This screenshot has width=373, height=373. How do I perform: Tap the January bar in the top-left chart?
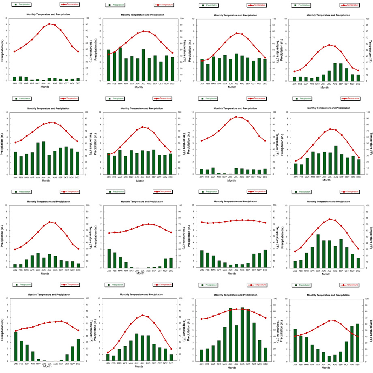coord(15,79)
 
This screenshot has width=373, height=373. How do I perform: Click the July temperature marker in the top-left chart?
coord(49,24)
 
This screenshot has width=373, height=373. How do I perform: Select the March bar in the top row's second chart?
coord(120,64)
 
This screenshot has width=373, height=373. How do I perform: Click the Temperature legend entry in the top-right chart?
coord(350,5)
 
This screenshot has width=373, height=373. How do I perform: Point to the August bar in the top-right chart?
coord(335,72)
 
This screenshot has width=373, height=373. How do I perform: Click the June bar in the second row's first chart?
coord(43,158)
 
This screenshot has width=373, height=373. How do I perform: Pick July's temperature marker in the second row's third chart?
coord(236,117)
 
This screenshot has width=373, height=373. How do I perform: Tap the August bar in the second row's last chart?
coord(336,160)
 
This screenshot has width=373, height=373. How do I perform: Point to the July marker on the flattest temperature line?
coord(236,221)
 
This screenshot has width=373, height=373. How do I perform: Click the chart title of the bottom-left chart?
coord(48,295)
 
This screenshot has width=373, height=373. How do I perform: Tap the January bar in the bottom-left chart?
coord(16,346)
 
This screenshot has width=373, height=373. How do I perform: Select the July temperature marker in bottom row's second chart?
coord(142,315)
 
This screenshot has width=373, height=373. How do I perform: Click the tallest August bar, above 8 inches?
coord(242,334)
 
